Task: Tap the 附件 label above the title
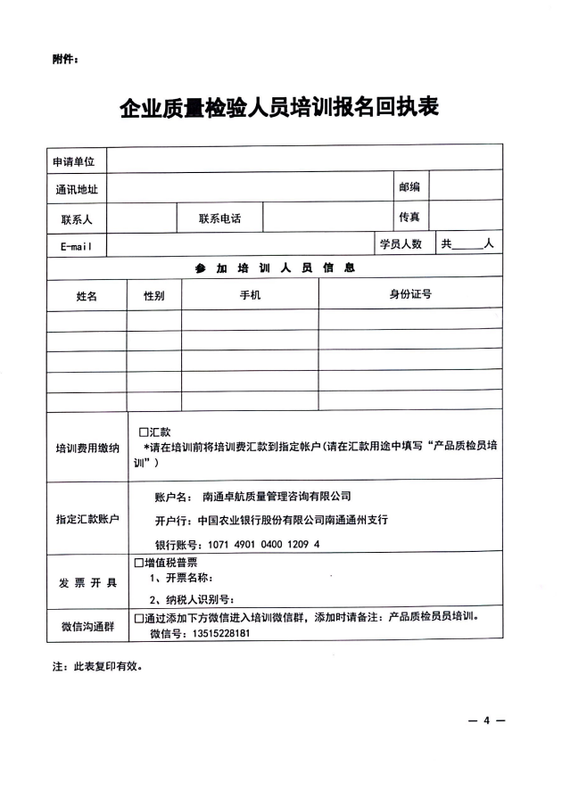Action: click(66, 61)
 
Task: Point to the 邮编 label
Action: click(409, 187)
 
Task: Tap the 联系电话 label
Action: click(219, 218)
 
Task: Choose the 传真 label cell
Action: click(409, 217)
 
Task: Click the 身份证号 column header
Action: click(409, 295)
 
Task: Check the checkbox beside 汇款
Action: click(143, 431)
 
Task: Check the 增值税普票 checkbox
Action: click(138, 563)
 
